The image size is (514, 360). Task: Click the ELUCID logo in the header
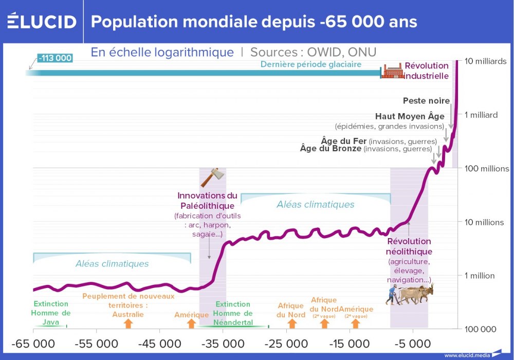pyautogui.click(x=42, y=22)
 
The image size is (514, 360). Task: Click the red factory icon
pyautogui.click(x=392, y=71)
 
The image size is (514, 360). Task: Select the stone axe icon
pyautogui.click(x=213, y=177)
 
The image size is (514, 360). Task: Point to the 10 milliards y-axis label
pyautogui.click(x=486, y=61)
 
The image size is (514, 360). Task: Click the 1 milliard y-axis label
pyautogui.click(x=481, y=115)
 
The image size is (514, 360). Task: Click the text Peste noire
pyautogui.click(x=426, y=101)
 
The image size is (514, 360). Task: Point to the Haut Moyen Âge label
pyautogui.click(x=410, y=117)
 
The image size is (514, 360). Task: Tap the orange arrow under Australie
pyautogui.click(x=128, y=323)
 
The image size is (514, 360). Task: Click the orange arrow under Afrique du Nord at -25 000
pyautogui.click(x=292, y=323)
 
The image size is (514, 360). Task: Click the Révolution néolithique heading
pyautogui.click(x=409, y=246)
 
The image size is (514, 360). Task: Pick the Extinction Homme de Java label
pyautogui.click(x=51, y=313)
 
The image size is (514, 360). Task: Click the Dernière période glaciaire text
pyautogui.click(x=311, y=65)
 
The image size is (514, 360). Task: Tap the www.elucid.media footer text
pyautogui.click(x=467, y=355)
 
